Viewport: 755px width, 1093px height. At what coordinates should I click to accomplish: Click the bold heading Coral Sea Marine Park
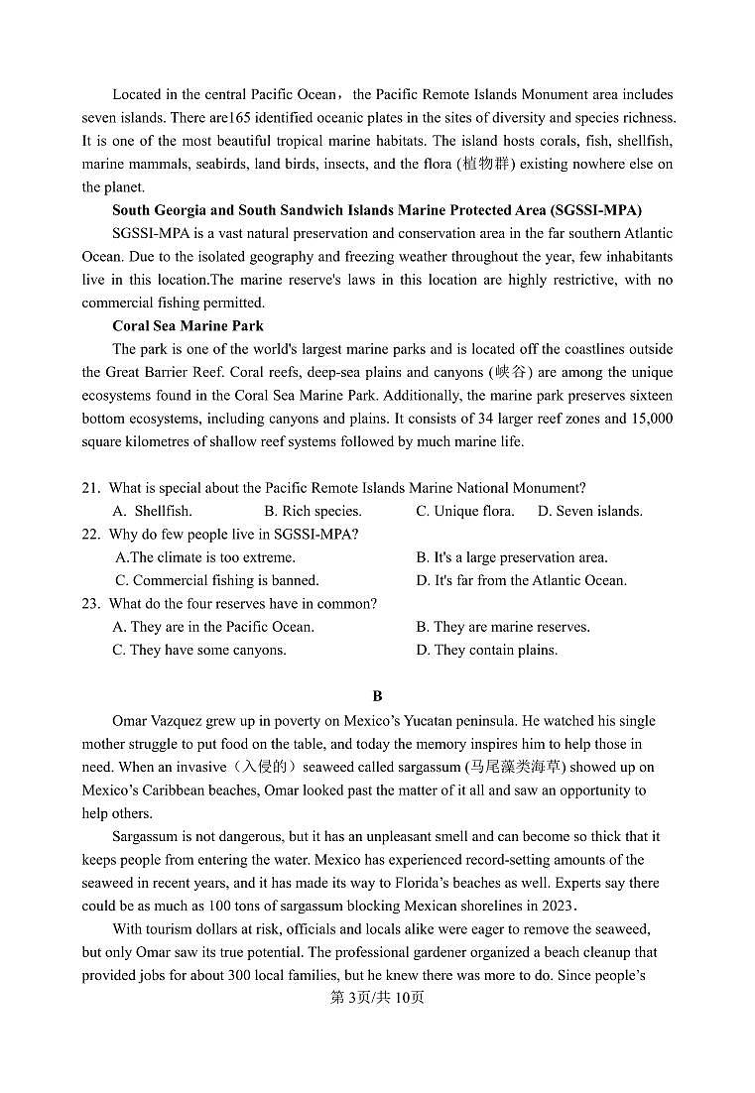(188, 326)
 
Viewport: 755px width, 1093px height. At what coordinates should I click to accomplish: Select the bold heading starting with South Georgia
(376, 210)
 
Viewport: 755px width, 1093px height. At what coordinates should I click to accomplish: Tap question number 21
(91, 488)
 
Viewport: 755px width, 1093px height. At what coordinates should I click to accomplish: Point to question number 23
(91, 604)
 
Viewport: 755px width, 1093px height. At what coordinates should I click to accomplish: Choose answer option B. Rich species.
(313, 512)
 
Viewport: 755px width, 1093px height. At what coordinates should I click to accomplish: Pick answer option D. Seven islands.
(589, 512)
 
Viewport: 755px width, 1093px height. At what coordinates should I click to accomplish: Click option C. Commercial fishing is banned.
(216, 581)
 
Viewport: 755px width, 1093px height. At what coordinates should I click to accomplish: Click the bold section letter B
(377, 697)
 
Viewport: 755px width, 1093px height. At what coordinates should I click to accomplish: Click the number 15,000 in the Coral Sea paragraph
(650, 419)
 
